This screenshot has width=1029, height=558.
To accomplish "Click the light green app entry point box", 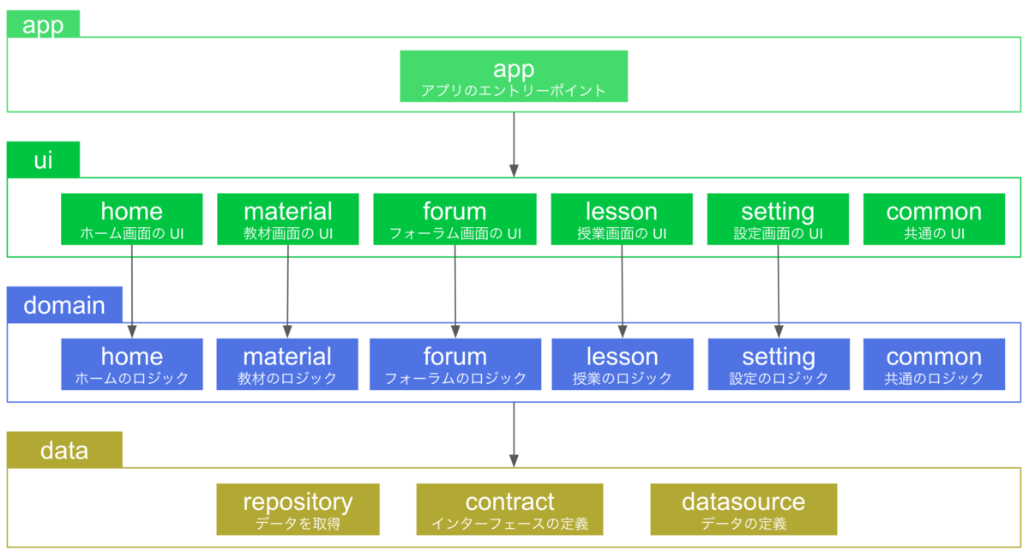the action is click(x=514, y=76).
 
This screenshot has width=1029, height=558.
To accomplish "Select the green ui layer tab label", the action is click(x=43, y=159).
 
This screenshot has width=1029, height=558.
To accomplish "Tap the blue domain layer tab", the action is click(x=64, y=304).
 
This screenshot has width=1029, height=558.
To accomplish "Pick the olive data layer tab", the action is click(x=64, y=450).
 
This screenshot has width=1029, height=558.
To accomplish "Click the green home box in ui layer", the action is click(x=132, y=219).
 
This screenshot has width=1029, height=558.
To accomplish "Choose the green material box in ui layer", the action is click(x=288, y=219).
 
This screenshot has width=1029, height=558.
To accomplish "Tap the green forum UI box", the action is click(x=454, y=219).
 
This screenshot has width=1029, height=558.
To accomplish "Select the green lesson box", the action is click(x=622, y=219).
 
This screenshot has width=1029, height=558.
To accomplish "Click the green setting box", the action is click(x=778, y=219).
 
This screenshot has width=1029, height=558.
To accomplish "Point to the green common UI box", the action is click(x=934, y=219).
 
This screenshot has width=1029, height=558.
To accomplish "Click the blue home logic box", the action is click(x=132, y=364).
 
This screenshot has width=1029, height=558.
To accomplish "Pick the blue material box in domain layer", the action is click(x=287, y=364).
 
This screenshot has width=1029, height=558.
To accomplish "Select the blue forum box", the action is click(x=455, y=364).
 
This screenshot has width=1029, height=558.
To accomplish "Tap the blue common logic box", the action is click(x=934, y=364).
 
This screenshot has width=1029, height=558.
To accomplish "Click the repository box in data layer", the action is click(x=298, y=509).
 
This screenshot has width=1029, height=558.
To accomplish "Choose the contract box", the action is click(x=509, y=509).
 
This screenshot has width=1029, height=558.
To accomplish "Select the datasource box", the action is click(x=743, y=509).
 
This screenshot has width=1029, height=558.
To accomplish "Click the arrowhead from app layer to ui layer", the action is click(x=514, y=171).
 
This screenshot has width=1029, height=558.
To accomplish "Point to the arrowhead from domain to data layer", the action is click(x=514, y=461).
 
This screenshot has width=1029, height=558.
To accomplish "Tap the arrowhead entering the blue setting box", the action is click(x=779, y=332).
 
